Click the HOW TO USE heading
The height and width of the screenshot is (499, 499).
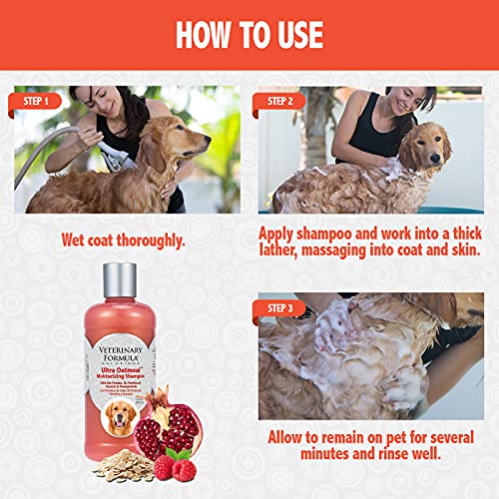pyautogui.click(x=249, y=34)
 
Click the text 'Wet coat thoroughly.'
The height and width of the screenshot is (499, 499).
pyautogui.click(x=126, y=240)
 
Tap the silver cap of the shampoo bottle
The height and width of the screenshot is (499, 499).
pyautogui.click(x=118, y=282)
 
